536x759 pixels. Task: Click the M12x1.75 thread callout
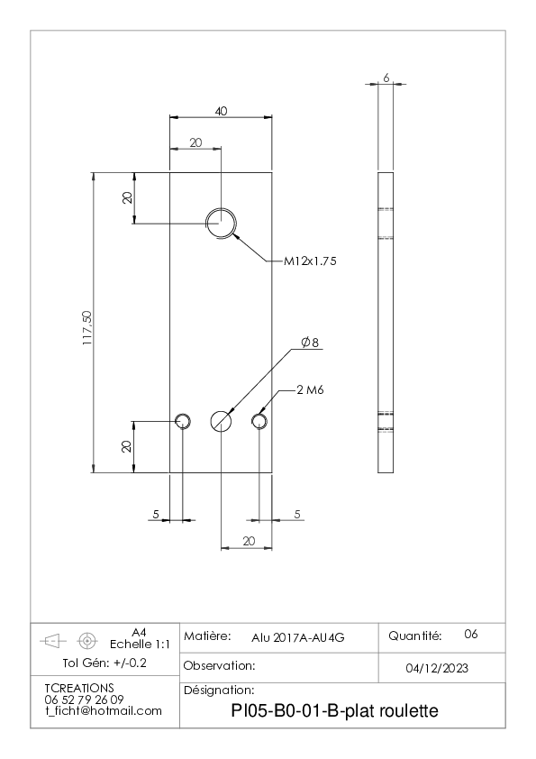310,261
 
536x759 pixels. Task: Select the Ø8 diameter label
310,343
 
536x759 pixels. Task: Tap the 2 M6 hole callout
310,389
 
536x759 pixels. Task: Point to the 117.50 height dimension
87,328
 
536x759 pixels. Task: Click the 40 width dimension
221,111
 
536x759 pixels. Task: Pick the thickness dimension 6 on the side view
386,78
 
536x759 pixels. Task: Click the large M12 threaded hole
221,224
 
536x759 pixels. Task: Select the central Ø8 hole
221,421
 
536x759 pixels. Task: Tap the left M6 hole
183,421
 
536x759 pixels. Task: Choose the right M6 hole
259,421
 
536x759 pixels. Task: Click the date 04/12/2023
437,669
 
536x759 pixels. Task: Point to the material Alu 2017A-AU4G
298,638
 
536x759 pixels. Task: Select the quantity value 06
471,634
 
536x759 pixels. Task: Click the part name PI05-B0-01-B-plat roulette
335,711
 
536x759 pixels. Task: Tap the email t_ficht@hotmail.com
104,711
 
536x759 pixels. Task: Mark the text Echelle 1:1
140,645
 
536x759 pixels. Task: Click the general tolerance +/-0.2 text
130,663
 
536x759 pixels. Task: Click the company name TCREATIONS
79,688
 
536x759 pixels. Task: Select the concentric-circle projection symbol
87,642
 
